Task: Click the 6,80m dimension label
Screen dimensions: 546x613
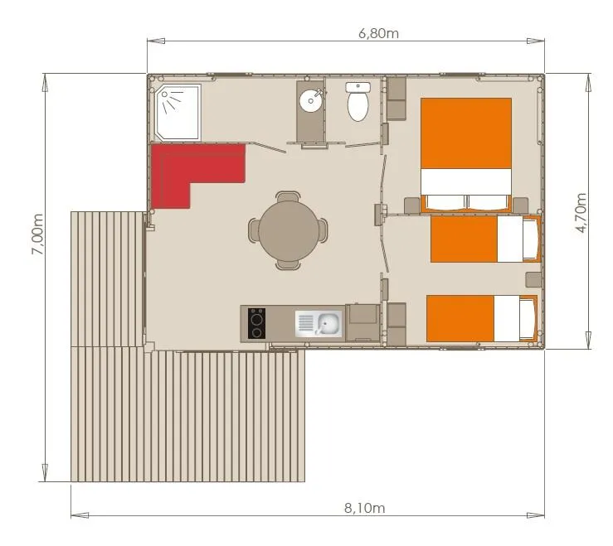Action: (x=378, y=34)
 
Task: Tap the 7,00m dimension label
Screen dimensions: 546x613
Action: (x=38, y=234)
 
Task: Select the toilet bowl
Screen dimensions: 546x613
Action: (x=358, y=106)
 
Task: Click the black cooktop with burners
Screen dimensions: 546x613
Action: (x=256, y=323)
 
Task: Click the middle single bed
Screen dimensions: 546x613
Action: (x=484, y=239)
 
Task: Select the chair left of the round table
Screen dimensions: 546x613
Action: (x=255, y=230)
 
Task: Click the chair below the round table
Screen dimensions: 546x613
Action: (x=288, y=263)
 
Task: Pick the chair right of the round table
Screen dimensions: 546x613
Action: (x=322, y=230)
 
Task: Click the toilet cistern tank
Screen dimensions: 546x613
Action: (x=358, y=86)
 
